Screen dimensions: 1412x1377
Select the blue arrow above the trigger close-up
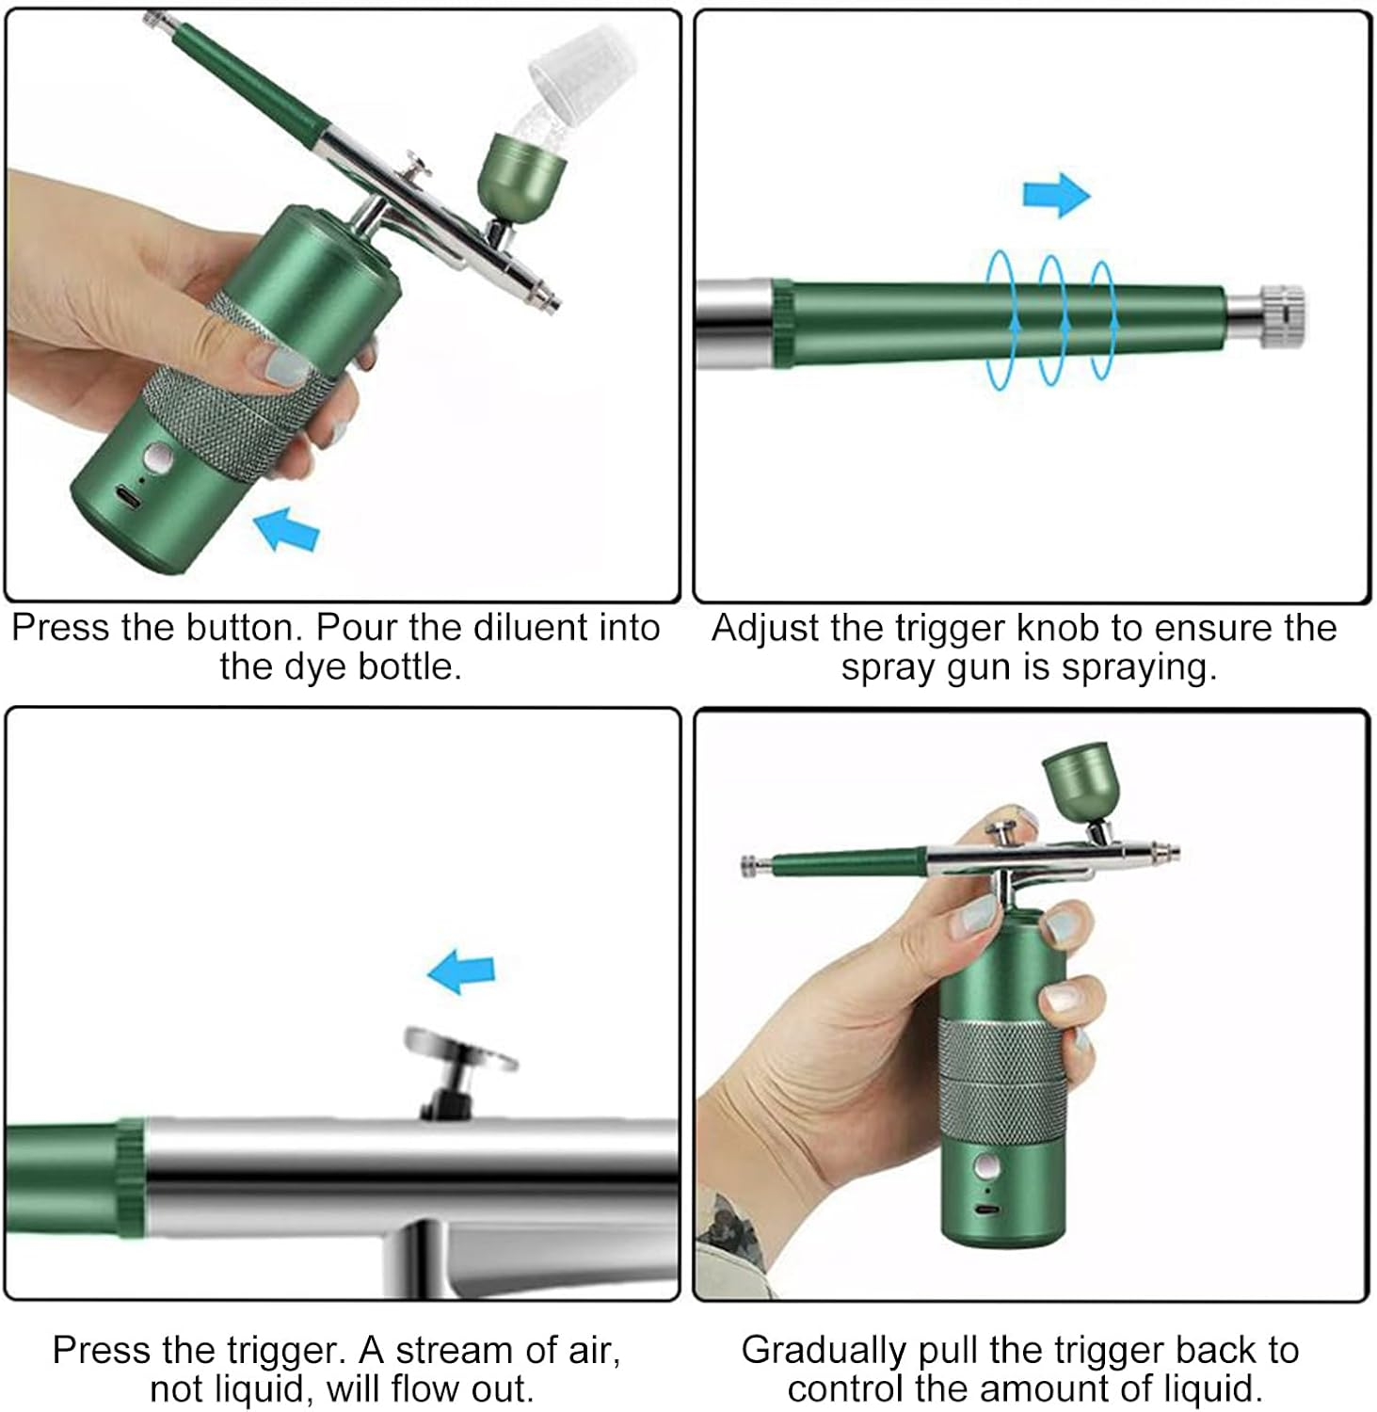click(x=461, y=971)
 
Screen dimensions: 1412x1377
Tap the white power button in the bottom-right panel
click(x=986, y=1169)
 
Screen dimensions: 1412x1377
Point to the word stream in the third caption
click(x=448, y=1350)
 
